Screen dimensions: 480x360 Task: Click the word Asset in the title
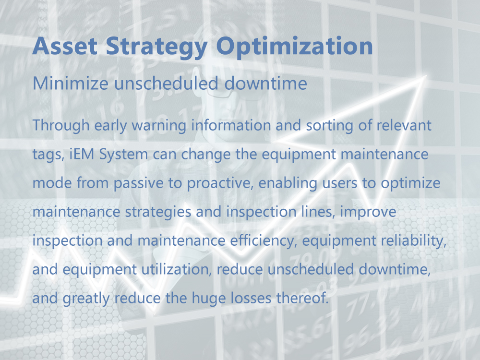pyautogui.click(x=65, y=46)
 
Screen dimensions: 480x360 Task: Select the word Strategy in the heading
pyautogui.click(x=157, y=47)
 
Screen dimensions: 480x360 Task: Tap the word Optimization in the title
pyautogui.click(x=295, y=47)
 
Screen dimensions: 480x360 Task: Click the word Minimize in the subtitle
pyautogui.click(x=71, y=83)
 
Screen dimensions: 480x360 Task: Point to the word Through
pyautogui.click(x=61, y=125)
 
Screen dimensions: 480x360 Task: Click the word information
pyautogui.click(x=231, y=125)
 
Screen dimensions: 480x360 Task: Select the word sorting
pyautogui.click(x=329, y=125)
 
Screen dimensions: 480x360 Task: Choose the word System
pyautogui.click(x=123, y=155)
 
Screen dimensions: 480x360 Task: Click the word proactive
pyautogui.click(x=220, y=183)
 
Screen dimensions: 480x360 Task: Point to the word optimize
pyautogui.click(x=410, y=183)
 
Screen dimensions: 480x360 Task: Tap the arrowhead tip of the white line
pyautogui.click(x=426, y=75)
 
